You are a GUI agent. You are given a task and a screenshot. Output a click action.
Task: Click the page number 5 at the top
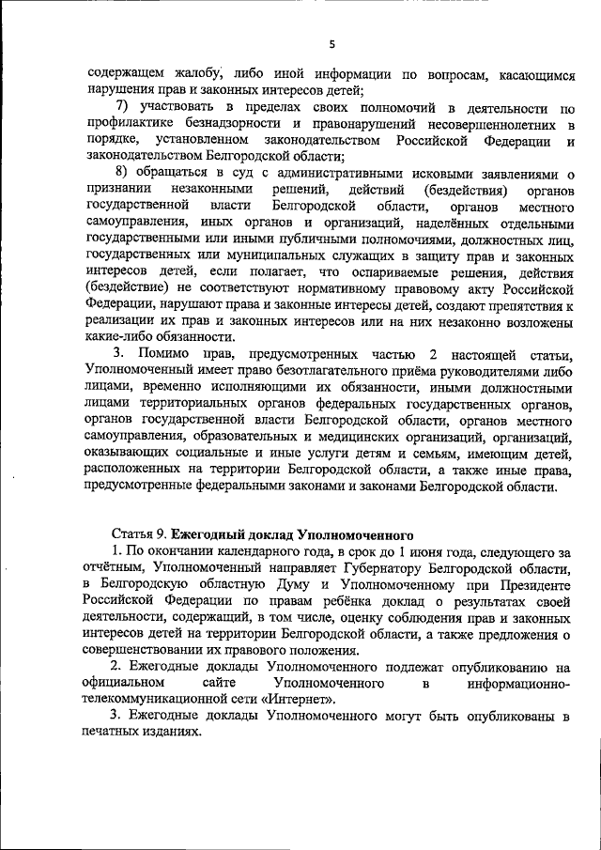[332, 44]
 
